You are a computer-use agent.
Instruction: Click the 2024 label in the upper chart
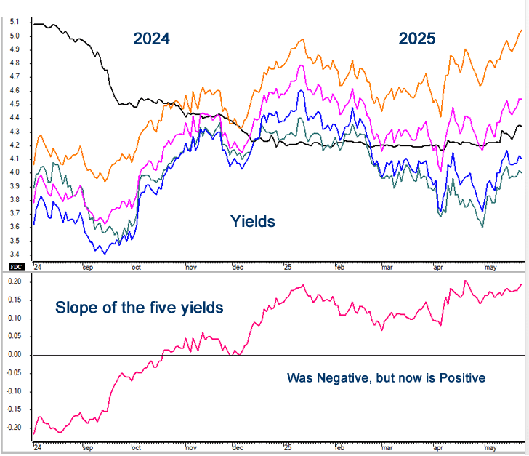click(x=150, y=39)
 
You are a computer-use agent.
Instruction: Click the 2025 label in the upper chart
click(x=416, y=39)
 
